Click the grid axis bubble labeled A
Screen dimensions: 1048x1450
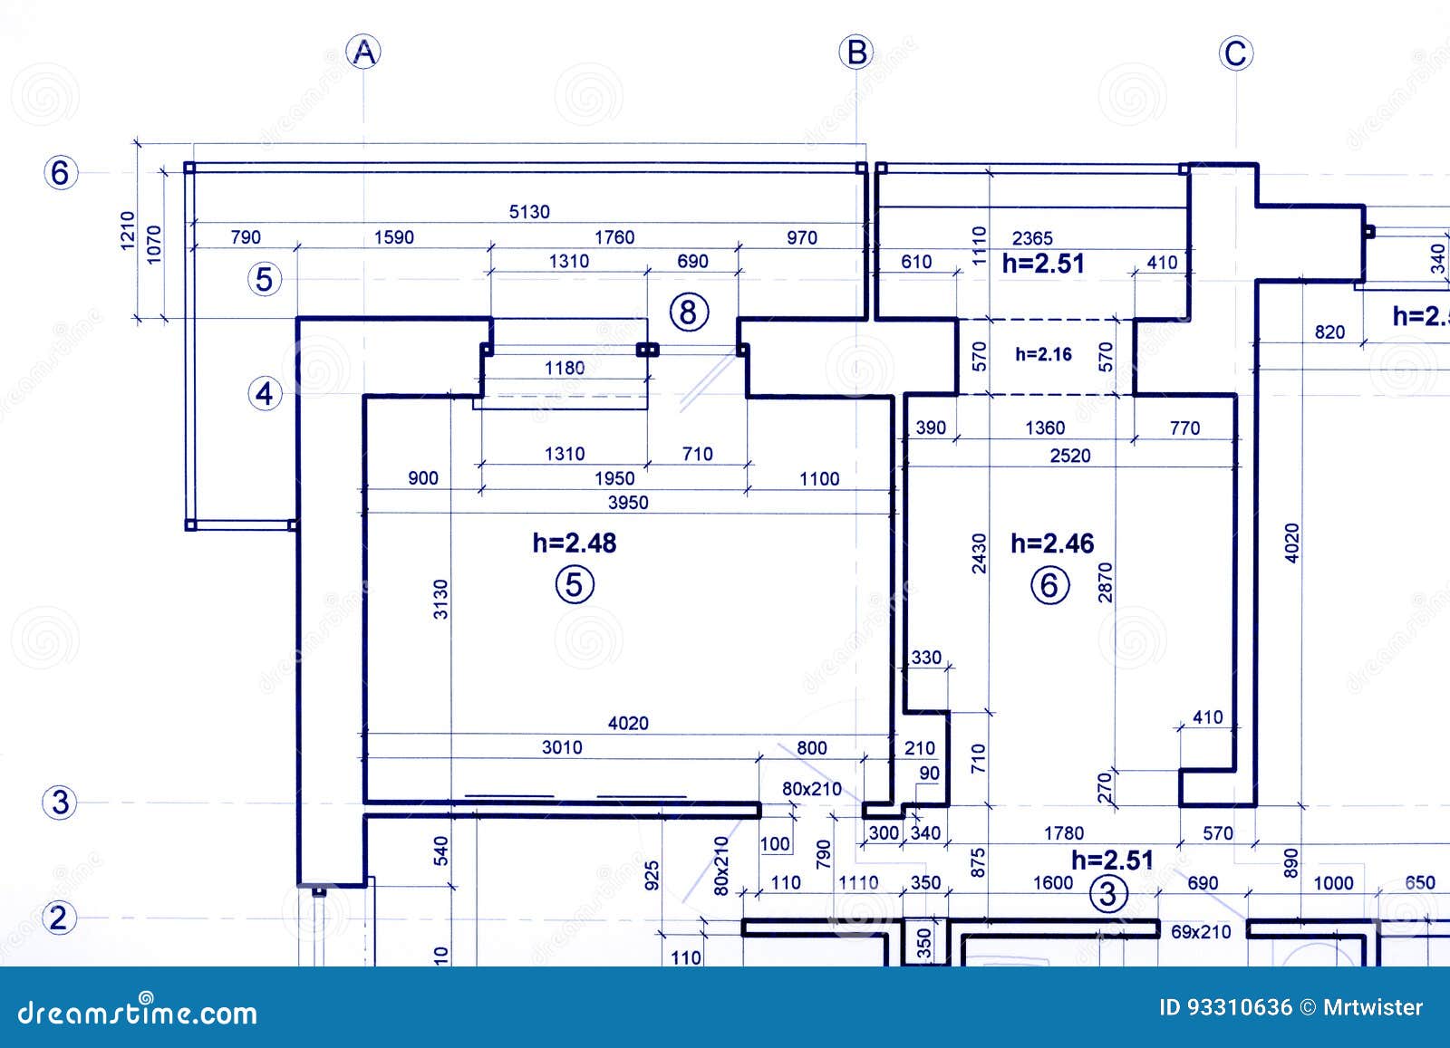[363, 53]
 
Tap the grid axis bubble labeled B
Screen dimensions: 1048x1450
[856, 53]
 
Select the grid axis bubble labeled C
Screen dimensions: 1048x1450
[1236, 53]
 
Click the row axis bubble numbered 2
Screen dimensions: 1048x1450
[59, 918]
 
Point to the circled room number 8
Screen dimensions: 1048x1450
[689, 312]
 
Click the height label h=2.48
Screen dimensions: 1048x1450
[575, 543]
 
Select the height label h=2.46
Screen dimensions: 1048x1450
[1052, 543]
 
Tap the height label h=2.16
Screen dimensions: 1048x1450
[1043, 354]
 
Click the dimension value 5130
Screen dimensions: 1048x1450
[529, 212]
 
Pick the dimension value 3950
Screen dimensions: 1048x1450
[628, 503]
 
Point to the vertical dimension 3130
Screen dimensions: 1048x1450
[441, 599]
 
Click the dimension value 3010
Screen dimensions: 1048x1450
[562, 747]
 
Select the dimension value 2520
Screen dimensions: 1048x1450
[1070, 456]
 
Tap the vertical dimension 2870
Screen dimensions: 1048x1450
[1105, 582]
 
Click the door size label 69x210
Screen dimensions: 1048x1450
[1201, 931]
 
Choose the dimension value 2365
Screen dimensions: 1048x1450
[1032, 238]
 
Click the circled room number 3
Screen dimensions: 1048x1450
[1107, 895]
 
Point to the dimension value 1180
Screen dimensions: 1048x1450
[565, 368]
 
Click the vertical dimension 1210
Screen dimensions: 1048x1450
[128, 231]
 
